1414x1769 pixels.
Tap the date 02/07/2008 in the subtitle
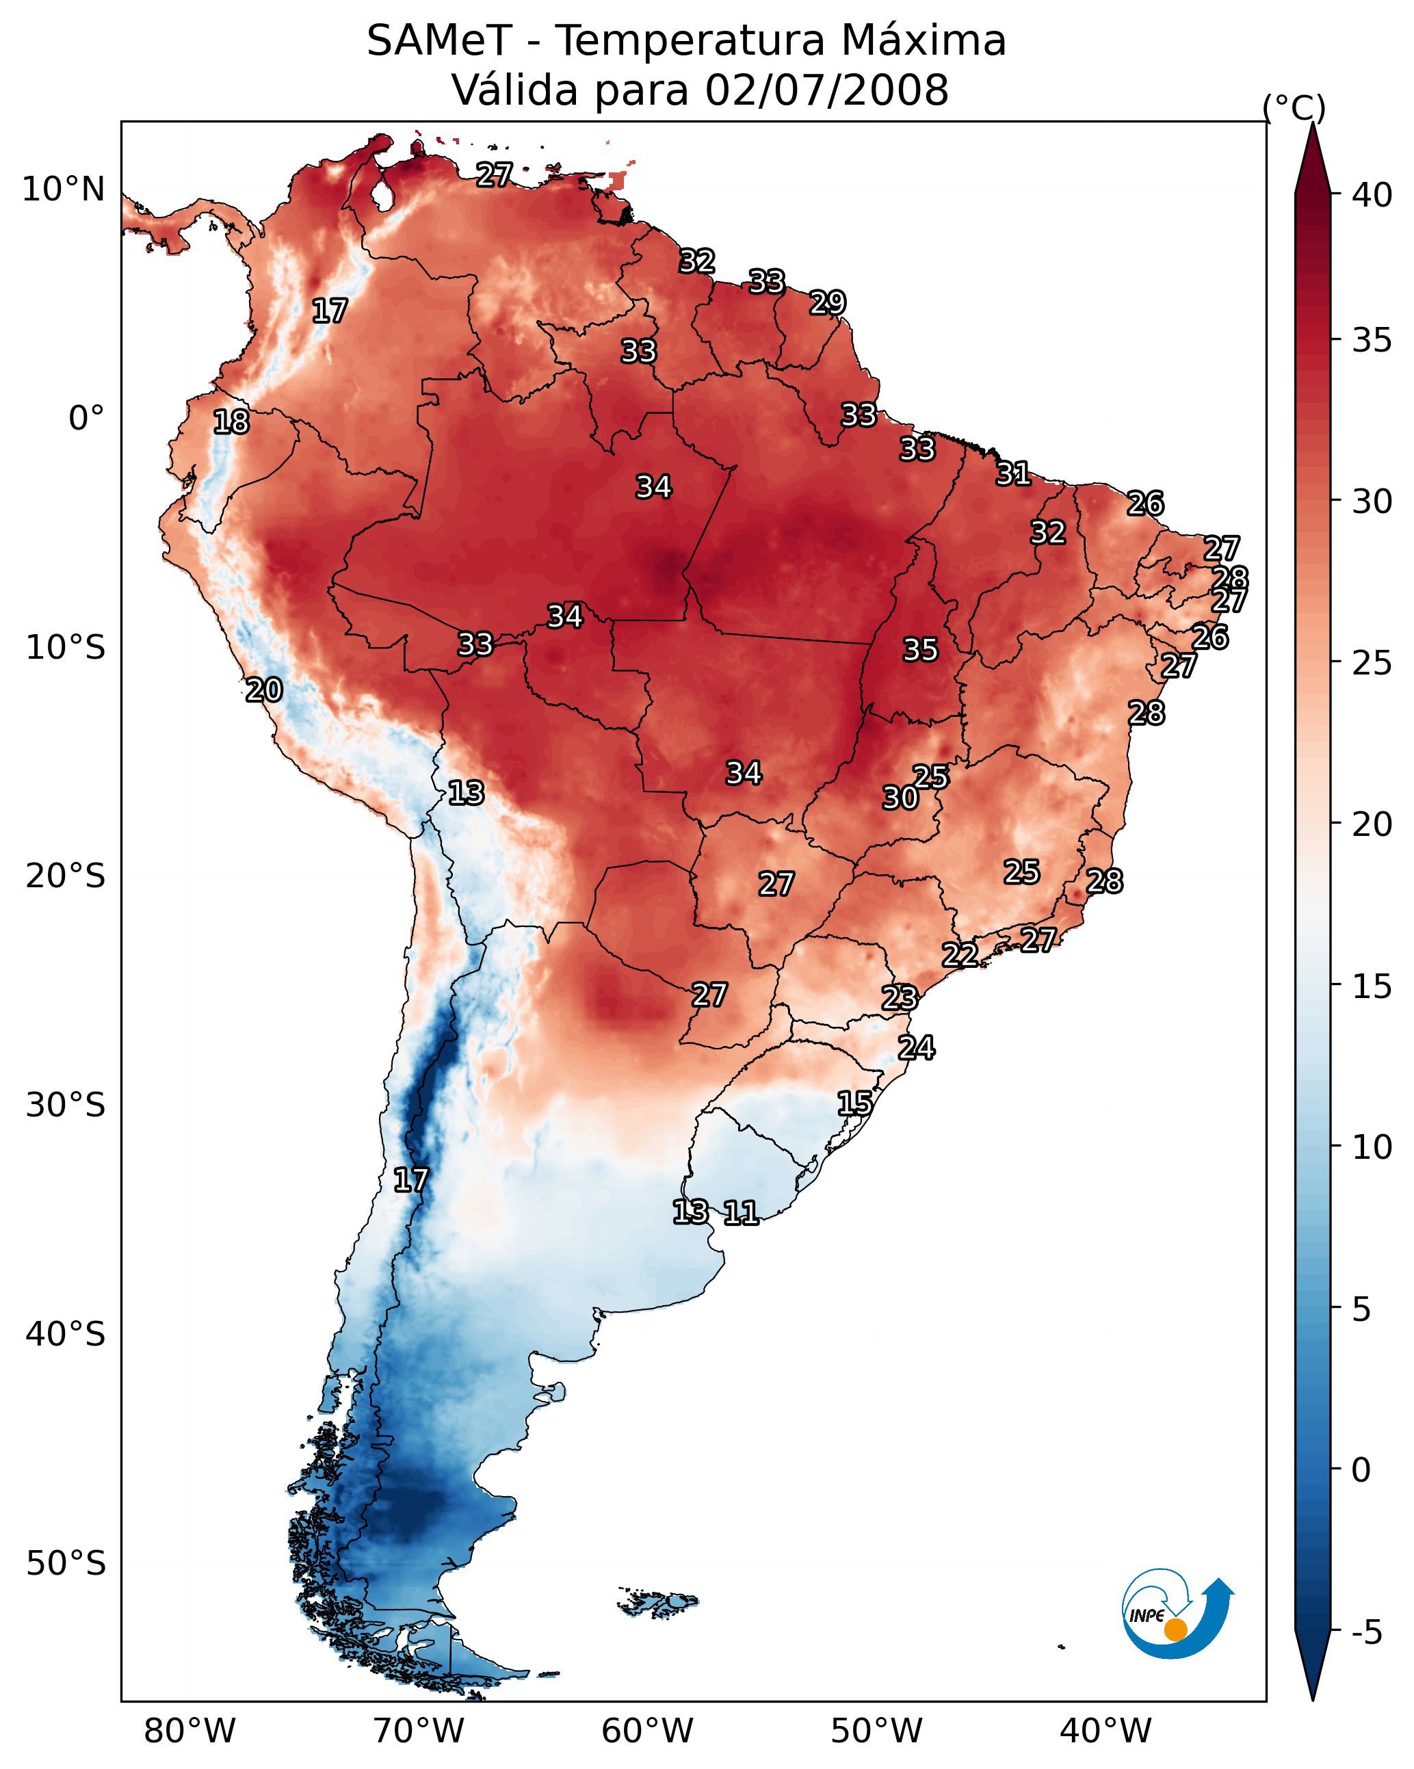point(826,90)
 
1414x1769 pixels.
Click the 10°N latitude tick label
point(63,189)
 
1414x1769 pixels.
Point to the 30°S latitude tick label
point(66,1105)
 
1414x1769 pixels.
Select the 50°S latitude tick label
point(66,1564)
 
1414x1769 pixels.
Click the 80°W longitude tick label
point(189,1731)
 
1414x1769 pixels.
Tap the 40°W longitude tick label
point(1105,1731)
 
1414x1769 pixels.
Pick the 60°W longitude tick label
point(648,1731)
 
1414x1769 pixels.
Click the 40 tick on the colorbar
point(1372,195)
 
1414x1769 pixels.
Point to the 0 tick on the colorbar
point(1361,1470)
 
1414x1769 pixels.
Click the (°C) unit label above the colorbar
point(1294,107)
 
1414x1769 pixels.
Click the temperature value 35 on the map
point(920,650)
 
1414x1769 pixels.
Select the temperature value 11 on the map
point(740,1213)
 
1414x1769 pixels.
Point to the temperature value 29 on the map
point(827,303)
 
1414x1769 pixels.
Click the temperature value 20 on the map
point(264,690)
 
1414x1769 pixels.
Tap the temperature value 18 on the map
point(231,422)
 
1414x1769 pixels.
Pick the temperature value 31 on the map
point(1014,473)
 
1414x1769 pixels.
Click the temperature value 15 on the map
point(854,1103)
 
